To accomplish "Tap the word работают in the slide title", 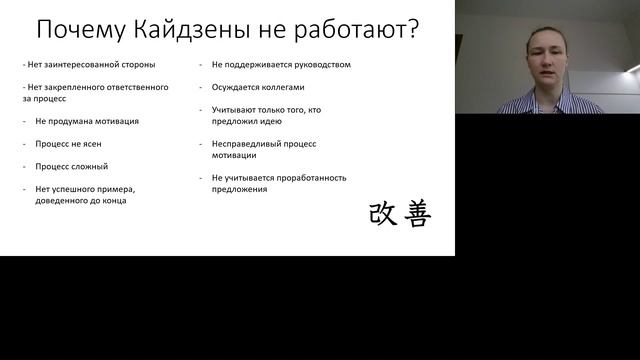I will [338, 29].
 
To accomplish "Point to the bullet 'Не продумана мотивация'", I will [86, 121].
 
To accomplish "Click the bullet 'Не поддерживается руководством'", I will [281, 65].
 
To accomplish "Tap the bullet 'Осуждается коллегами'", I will [258, 87].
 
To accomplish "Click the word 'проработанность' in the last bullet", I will [309, 177].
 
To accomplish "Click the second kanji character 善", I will [416, 213].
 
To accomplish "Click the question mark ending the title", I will [411, 29].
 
